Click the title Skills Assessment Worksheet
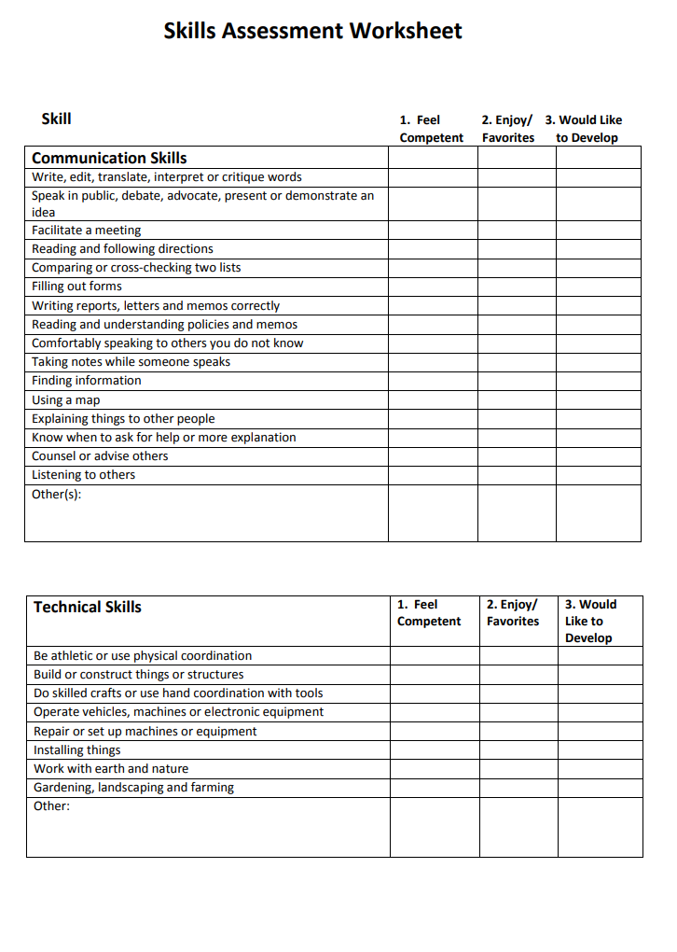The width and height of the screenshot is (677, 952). [312, 31]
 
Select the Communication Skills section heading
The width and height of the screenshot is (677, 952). [109, 158]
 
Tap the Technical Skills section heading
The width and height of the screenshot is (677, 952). [88, 607]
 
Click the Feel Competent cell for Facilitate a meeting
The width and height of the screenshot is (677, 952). [433, 230]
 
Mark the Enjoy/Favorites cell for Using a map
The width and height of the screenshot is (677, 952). [517, 399]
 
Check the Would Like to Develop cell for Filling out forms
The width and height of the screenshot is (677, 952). [598, 287]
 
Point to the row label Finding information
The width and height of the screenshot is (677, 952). [87, 381]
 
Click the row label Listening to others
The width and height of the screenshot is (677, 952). [84, 475]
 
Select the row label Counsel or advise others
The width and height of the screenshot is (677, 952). [100, 456]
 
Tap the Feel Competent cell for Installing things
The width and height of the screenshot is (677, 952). [435, 750]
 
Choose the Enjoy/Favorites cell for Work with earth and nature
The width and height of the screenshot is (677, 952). [518, 769]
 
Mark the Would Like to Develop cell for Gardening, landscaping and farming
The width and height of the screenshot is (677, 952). [600, 788]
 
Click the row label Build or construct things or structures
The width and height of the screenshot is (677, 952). [139, 675]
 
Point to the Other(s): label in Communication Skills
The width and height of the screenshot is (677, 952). [57, 494]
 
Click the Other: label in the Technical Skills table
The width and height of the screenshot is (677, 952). [52, 806]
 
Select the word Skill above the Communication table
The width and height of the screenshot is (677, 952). [57, 119]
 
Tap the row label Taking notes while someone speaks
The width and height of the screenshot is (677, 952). [131, 362]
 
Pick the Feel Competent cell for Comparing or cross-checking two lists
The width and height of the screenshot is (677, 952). [433, 268]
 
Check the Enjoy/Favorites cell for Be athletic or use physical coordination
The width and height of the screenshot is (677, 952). [518, 656]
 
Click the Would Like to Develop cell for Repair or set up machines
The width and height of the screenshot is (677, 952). [600, 732]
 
